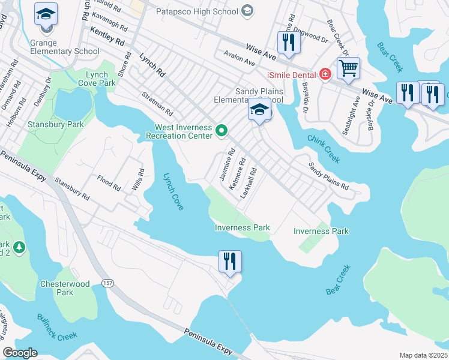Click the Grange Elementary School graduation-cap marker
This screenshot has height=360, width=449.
pos(46,14)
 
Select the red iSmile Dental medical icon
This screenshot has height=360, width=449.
pos(325,74)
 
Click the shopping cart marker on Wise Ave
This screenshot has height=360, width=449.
pos(348,67)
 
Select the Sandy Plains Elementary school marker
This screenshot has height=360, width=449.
pos(259,110)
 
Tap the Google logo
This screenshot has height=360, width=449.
pos(20,353)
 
